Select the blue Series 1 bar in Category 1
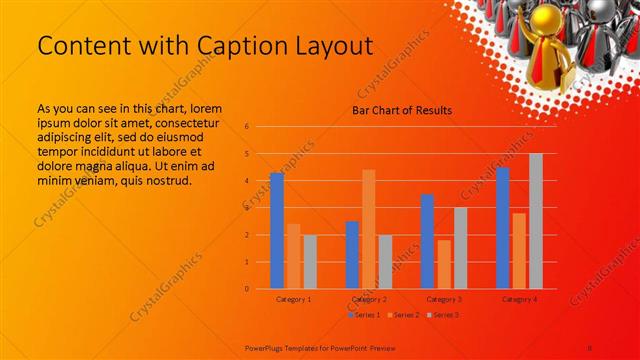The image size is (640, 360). click(277, 231)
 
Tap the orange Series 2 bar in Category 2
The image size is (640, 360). click(369, 229)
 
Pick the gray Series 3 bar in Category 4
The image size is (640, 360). click(536, 221)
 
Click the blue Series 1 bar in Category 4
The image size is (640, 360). click(503, 228)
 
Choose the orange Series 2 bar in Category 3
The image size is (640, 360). click(444, 264)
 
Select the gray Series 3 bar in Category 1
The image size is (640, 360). click(310, 262)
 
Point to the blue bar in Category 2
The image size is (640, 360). click(352, 255)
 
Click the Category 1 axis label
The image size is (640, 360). click(293, 299)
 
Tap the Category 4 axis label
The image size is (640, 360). click(519, 299)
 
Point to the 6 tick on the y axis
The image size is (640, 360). click(246, 127)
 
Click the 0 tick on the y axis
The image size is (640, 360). click(246, 289)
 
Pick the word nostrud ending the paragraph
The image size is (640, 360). click(161, 180)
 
